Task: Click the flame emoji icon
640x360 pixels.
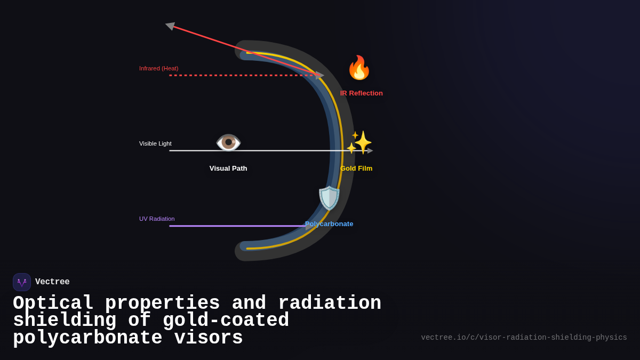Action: pos(359,68)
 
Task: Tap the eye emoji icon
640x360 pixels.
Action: pos(228,142)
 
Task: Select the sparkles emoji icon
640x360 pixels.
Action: pos(359,142)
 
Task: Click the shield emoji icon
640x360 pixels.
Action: pos(329,198)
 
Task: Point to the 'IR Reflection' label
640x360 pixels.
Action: pos(362,93)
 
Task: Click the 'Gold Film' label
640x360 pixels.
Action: pos(356,169)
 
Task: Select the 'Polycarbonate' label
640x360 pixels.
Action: pos(329,224)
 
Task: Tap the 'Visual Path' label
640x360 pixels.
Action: pos(228,169)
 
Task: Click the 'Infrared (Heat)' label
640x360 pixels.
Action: pos(159,68)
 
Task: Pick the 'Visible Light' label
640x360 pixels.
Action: pos(155,143)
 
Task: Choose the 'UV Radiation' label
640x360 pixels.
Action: pos(157,219)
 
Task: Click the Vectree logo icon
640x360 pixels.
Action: pos(22,282)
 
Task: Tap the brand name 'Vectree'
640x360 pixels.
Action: pos(52,282)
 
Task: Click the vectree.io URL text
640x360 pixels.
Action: pos(524,338)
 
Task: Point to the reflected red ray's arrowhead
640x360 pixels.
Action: pos(170,26)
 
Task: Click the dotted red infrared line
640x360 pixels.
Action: pos(240,75)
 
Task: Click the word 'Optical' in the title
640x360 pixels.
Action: pos(53,303)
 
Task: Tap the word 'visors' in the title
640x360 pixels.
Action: pos(209,338)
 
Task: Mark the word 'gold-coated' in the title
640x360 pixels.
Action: pos(226,321)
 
